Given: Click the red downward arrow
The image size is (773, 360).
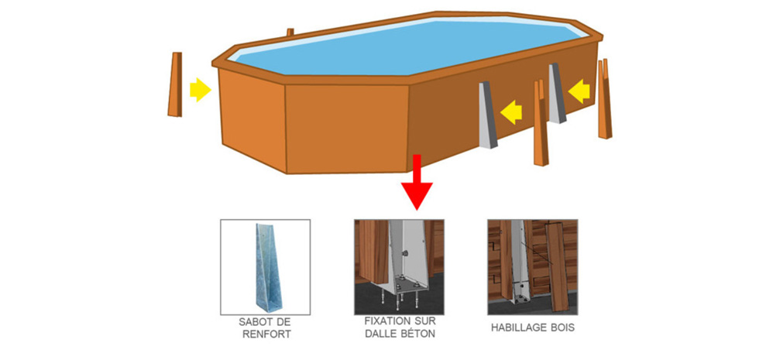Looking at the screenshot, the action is click(417, 182).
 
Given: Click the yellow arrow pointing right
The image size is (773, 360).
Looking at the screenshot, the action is click(200, 90).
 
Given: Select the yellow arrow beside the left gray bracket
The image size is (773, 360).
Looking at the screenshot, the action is click(511, 112).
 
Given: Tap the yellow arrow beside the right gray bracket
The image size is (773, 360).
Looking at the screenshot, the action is click(579, 91).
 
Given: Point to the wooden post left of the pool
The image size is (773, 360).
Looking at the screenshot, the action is click(175, 84).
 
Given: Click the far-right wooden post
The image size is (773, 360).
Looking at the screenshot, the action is click(604, 99).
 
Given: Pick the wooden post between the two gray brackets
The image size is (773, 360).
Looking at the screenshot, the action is click(541, 123).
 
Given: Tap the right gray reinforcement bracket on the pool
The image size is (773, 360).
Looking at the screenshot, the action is click(557, 93).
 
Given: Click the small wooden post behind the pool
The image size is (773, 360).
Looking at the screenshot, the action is click(290, 33).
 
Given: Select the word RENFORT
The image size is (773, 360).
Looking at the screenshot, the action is click(265, 335).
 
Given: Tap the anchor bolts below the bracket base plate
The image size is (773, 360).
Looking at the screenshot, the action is click(400, 299).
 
